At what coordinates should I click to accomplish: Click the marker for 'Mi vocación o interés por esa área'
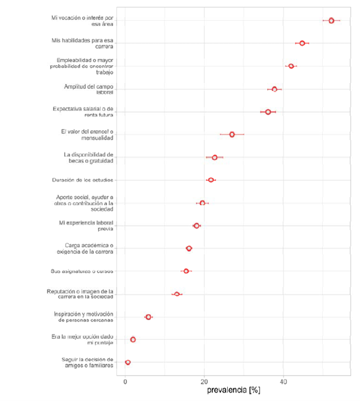(x=331, y=20)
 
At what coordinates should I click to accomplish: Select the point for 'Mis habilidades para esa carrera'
(x=302, y=43)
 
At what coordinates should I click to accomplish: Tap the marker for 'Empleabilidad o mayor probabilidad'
(x=291, y=66)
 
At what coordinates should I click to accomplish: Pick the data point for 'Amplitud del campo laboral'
(x=274, y=89)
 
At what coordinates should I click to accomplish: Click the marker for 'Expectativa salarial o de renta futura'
(x=268, y=112)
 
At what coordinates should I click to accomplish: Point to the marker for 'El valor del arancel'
(x=232, y=134)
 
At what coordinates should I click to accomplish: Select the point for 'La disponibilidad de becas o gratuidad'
(x=214, y=157)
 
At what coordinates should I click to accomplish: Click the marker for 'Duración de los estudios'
(x=211, y=180)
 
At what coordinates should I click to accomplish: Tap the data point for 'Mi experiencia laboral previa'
(x=196, y=225)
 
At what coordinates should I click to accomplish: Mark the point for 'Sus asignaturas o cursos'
(x=186, y=271)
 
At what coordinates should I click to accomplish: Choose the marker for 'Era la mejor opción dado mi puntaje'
(x=133, y=339)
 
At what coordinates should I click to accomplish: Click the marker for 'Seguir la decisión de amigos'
(x=128, y=362)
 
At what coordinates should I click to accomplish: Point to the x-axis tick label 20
(x=205, y=381)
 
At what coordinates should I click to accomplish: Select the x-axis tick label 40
(x=284, y=381)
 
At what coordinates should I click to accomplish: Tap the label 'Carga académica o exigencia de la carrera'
(x=88, y=248)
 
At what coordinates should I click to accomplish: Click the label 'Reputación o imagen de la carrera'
(x=80, y=294)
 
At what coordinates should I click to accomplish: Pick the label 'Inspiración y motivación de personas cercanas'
(x=84, y=317)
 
